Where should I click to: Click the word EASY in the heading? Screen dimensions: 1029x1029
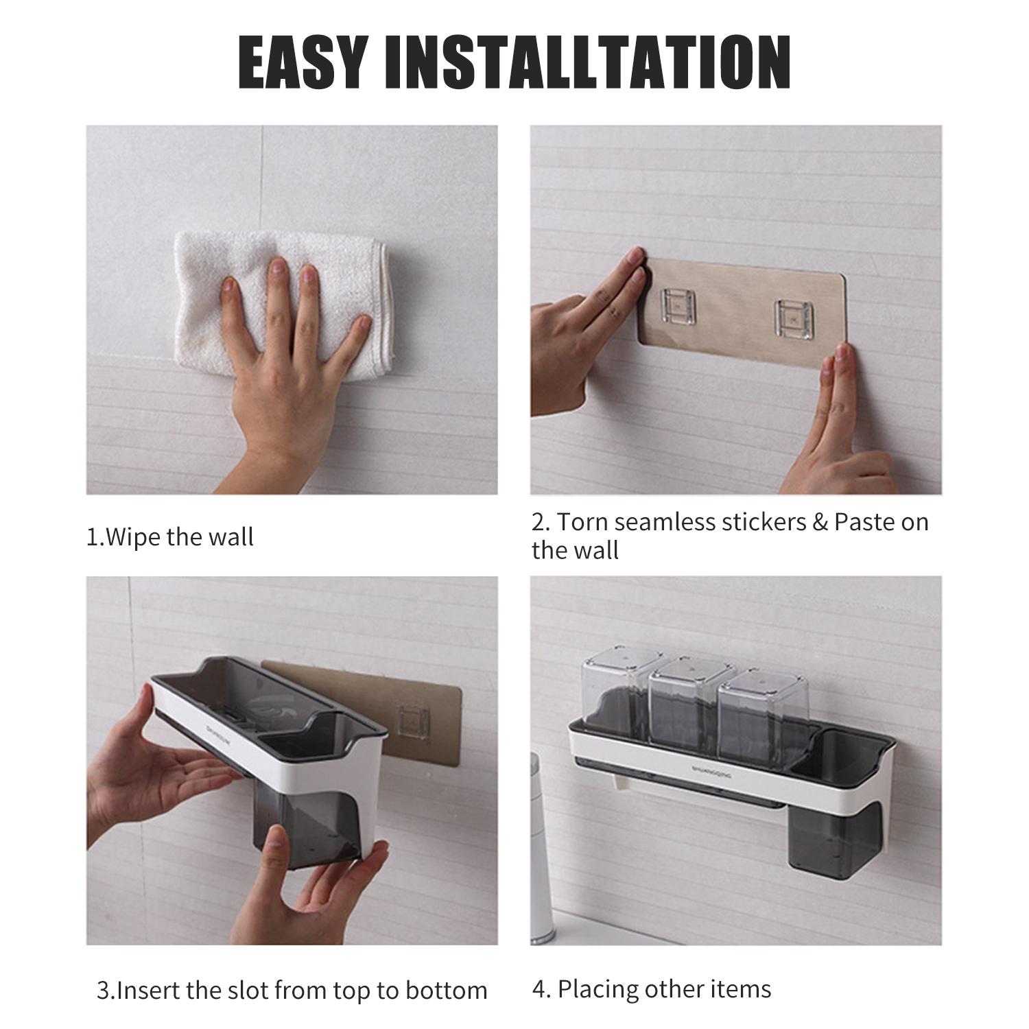click(303, 62)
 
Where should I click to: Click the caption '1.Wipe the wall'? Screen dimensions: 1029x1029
click(169, 536)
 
